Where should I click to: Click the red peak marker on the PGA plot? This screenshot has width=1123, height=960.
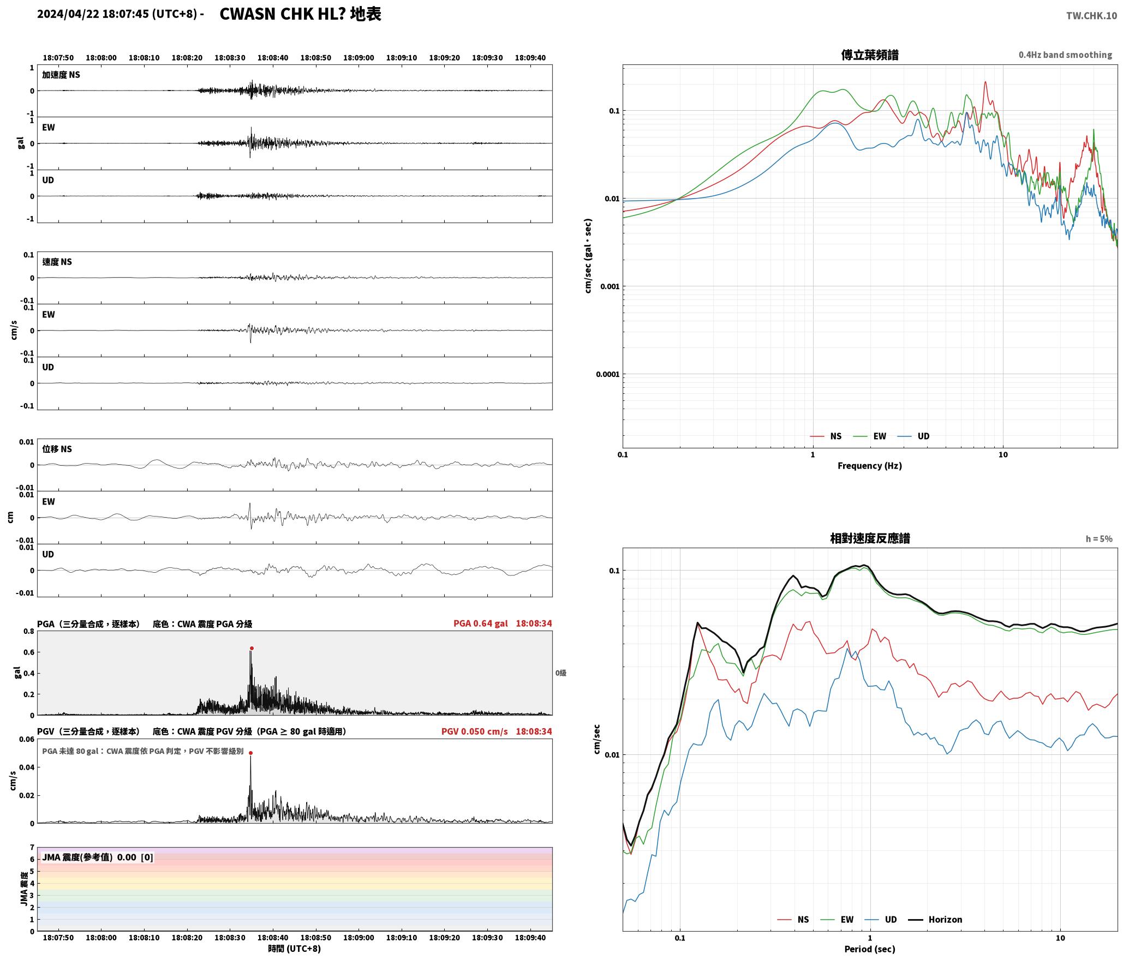click(252, 648)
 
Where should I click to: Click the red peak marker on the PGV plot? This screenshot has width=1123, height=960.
click(250, 753)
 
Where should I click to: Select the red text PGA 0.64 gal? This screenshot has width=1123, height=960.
click(480, 623)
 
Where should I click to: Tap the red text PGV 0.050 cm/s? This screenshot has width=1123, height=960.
click(474, 731)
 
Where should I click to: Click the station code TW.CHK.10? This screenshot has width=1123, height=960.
click(1091, 16)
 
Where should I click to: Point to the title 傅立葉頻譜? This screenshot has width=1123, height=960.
click(870, 55)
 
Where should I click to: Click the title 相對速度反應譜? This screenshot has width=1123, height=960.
click(870, 538)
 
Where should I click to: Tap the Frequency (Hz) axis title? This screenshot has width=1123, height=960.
click(870, 466)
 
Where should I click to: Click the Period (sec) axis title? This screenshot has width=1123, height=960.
click(870, 949)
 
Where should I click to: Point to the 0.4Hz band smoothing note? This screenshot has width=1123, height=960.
click(1065, 55)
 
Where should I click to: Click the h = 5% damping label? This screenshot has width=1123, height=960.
click(1099, 539)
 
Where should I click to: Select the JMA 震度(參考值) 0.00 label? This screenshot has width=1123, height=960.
click(89, 857)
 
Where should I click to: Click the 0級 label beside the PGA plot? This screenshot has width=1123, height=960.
click(561, 673)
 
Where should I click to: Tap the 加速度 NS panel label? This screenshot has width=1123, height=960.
click(61, 75)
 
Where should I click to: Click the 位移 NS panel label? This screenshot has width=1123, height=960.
click(57, 449)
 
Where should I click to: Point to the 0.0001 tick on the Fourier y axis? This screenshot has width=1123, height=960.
click(608, 374)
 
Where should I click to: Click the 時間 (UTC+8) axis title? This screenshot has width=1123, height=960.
click(294, 949)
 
